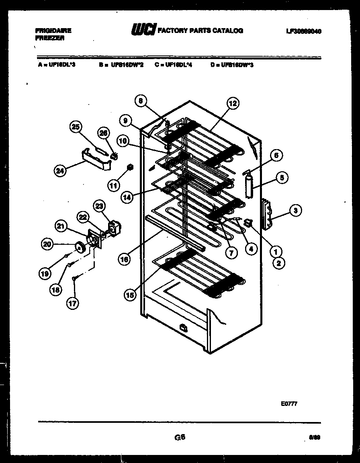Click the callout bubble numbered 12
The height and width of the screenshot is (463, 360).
point(233,104)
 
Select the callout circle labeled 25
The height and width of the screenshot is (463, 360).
point(75,127)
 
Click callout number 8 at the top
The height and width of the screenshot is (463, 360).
point(141,102)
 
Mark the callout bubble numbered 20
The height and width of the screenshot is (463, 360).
point(48,244)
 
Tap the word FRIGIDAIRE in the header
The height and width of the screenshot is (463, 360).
point(53,30)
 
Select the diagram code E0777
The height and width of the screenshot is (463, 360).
point(289,404)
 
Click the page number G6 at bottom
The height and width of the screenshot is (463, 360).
point(180,437)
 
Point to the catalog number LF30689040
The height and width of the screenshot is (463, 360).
point(304,31)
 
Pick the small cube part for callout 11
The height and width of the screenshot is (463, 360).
point(130,166)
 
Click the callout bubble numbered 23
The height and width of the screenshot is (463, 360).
point(99,207)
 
